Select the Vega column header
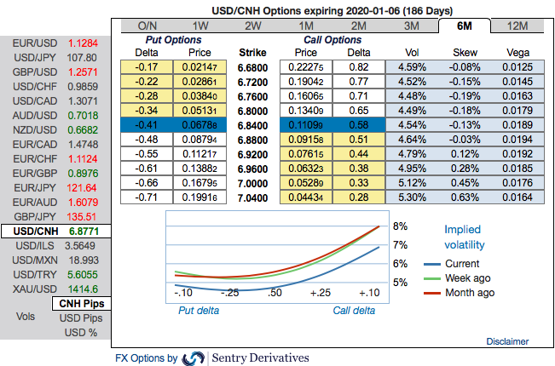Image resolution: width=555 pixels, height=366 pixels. click(517, 52)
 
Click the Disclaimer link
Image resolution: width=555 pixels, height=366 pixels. click(507, 341)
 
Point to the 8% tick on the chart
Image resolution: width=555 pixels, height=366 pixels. click(401, 226)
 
